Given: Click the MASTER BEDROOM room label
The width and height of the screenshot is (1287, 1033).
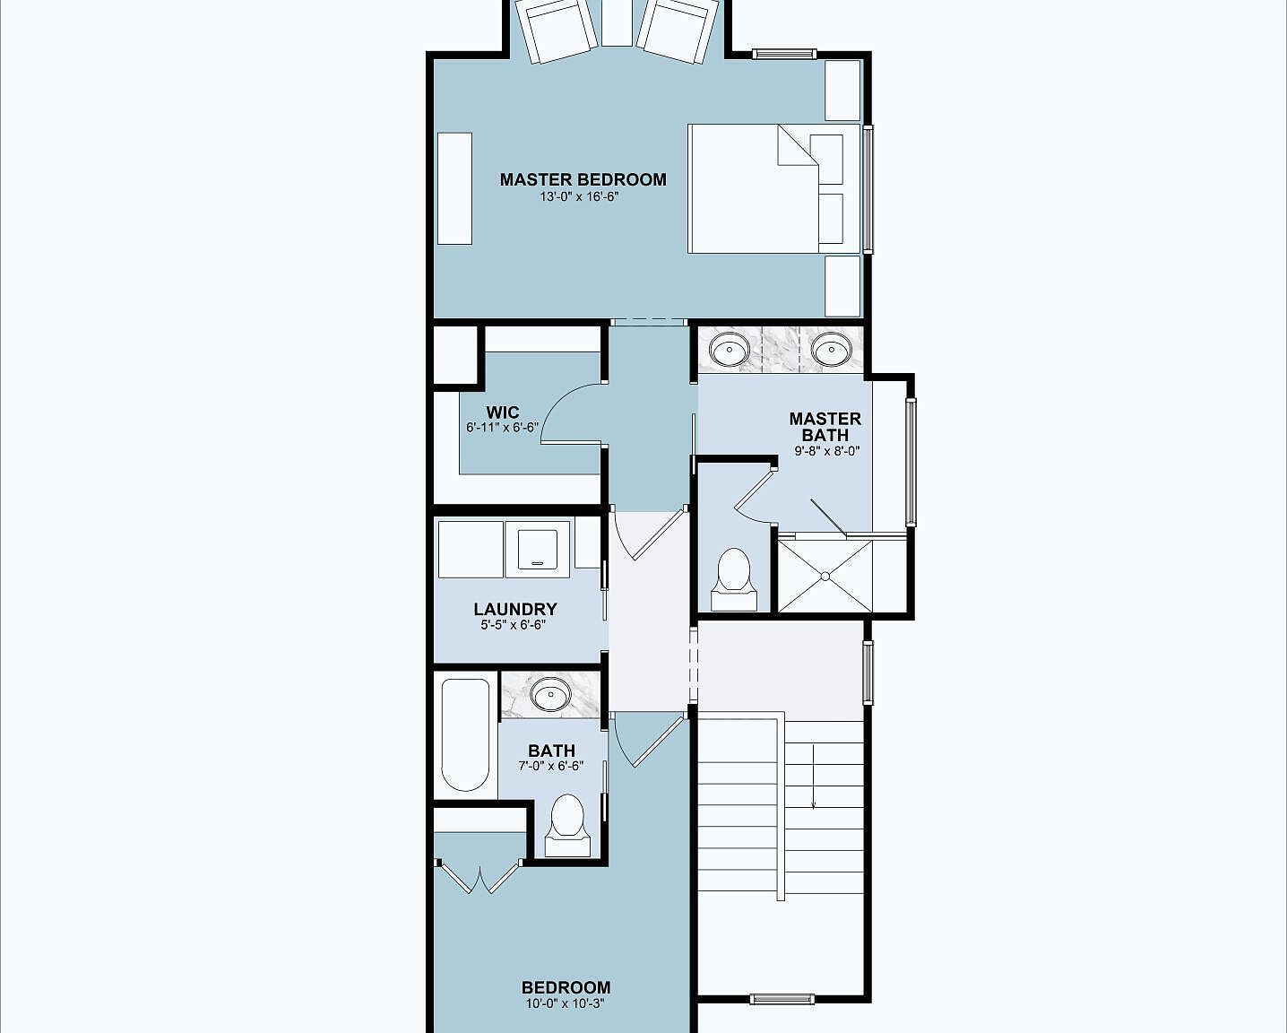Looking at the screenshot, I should pos(583,179).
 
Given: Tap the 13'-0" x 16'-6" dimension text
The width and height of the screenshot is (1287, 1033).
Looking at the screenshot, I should pos(580,196).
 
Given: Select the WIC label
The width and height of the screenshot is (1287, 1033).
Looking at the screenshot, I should pos(502,412).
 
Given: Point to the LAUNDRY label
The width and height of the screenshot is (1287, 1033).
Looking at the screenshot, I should pos(514,609).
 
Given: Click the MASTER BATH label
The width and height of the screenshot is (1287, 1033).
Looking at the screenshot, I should pos(825,427).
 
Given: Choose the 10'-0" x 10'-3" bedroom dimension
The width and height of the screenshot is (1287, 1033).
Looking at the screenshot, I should pos(566,1004).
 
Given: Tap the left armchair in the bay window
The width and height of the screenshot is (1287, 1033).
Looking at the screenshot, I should pos(557,30).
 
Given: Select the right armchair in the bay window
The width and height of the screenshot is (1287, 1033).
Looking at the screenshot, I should pos(678,30).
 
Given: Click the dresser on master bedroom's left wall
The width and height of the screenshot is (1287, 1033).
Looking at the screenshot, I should pos(454,188).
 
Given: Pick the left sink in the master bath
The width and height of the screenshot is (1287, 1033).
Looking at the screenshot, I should pos(730,348).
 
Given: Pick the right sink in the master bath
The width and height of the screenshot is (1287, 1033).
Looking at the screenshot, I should pos(830,348).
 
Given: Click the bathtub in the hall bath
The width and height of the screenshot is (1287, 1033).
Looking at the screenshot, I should pos(465,734).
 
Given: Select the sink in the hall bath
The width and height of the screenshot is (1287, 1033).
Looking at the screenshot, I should pos(549,694).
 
